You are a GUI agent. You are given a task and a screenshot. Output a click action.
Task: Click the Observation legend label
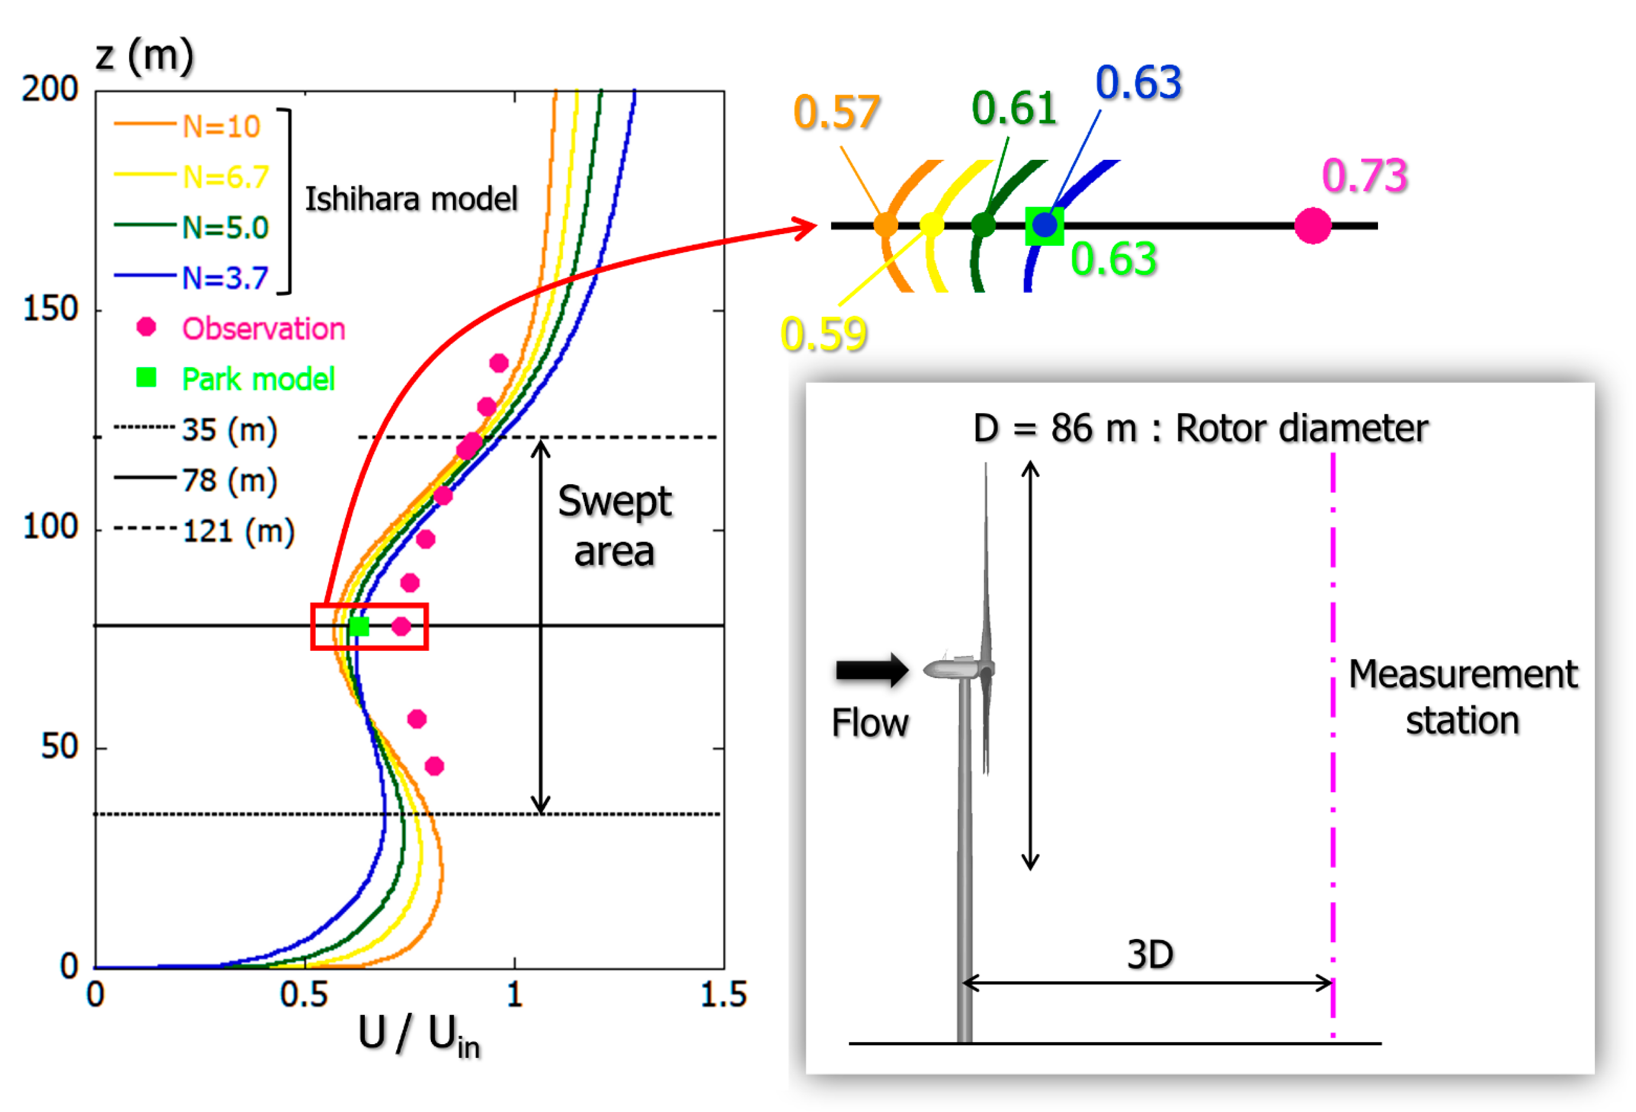tap(263, 329)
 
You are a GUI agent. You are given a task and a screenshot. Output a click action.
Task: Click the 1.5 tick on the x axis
tap(724, 994)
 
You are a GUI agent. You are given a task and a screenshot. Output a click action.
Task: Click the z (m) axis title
tap(144, 56)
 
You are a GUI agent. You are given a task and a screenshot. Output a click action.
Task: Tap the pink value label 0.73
tap(1364, 175)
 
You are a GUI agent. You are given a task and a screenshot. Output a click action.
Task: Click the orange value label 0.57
tap(836, 112)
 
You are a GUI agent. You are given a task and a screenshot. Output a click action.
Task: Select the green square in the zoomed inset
tap(1044, 226)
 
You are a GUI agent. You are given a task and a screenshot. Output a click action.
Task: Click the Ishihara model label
tap(411, 199)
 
